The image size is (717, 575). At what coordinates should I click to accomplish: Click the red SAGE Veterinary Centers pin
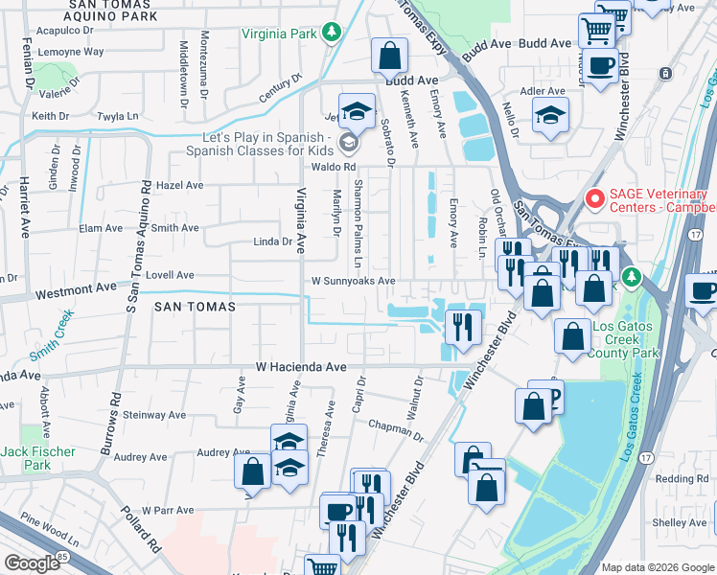click(594, 199)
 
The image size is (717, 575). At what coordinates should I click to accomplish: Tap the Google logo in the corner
click(32, 563)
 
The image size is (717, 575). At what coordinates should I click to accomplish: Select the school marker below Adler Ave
click(550, 115)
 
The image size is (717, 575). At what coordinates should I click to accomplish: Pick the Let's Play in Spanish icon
click(347, 143)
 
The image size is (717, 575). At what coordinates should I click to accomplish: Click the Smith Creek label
click(52, 338)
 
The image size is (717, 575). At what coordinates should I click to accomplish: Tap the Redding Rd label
click(682, 478)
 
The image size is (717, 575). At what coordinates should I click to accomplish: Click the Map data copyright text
click(657, 566)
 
